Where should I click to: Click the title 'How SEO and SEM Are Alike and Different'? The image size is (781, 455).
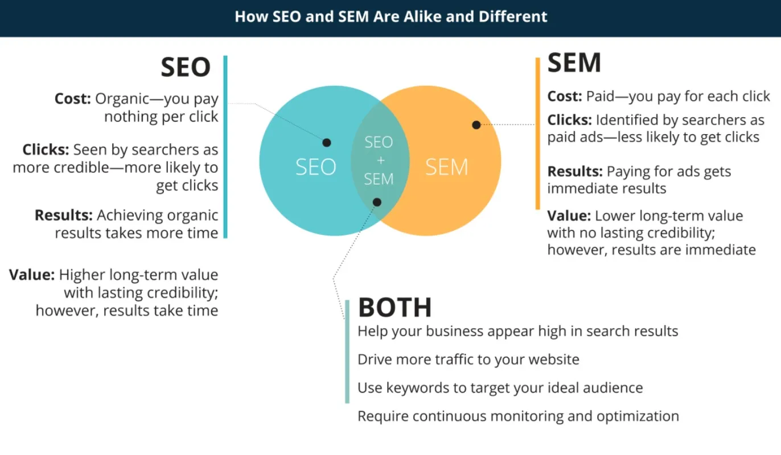(390, 16)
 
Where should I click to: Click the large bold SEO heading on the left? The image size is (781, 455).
(186, 68)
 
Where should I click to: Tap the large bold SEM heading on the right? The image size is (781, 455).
(574, 63)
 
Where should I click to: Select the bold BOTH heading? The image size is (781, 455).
(394, 308)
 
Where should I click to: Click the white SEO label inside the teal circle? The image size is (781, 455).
(315, 167)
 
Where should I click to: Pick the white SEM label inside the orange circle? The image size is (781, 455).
(446, 167)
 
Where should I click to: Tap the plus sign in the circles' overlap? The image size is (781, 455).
(379, 160)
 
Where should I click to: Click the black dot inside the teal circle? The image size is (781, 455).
(327, 143)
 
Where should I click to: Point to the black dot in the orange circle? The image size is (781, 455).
(476, 125)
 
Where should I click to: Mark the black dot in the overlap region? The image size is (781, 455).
(377, 202)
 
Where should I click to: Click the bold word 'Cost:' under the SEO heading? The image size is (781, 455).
(72, 99)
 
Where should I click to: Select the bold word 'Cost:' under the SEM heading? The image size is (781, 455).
(565, 97)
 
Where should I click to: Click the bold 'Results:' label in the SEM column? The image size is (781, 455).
(575, 172)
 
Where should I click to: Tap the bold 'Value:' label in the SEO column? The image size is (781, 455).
(32, 275)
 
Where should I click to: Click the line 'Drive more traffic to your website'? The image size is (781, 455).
(468, 359)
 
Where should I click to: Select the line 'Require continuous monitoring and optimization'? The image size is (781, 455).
(518, 416)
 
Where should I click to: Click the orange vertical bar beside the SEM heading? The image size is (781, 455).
(537, 134)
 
